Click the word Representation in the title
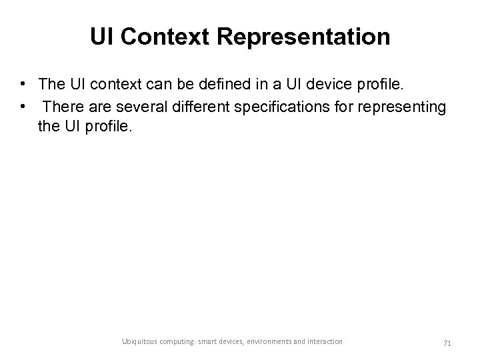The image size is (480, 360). [x=313, y=37]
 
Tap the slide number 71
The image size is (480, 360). [x=447, y=343]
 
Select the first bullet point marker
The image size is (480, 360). [x=23, y=84]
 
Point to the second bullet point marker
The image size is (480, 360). [x=23, y=105]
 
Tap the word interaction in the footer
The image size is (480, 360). [x=325, y=341]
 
